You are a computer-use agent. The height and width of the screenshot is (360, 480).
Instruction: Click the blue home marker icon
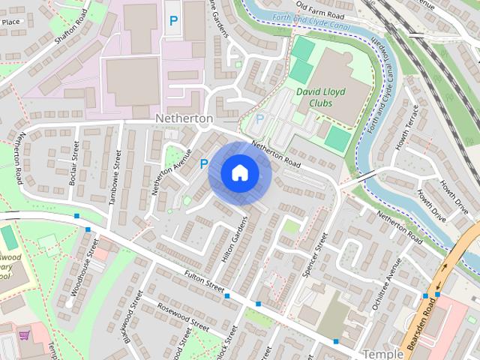(239, 173)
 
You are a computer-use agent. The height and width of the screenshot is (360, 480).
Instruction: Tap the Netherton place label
(184, 118)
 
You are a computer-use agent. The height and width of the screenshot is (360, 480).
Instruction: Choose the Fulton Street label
(204, 283)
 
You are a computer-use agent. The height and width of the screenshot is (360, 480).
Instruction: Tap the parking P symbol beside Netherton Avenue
(203, 163)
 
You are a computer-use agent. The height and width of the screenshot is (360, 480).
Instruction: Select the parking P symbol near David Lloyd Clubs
(260, 118)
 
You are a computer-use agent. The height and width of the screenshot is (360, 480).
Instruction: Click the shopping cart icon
(25, 334)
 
